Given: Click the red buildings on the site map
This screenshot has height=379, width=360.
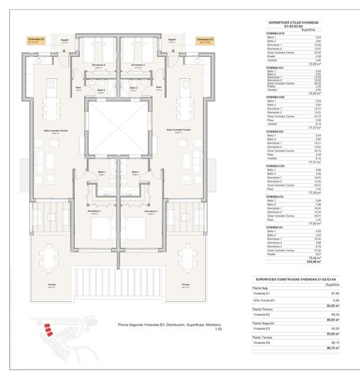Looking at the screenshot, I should click(x=48, y=330).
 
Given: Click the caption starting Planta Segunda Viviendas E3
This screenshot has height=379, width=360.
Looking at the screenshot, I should click(x=168, y=325).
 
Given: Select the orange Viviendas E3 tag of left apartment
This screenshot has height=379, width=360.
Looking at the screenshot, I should click(x=36, y=41).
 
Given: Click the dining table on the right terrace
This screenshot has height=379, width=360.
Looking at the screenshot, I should click(x=189, y=259).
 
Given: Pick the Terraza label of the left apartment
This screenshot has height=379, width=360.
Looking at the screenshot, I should click(x=51, y=285).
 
